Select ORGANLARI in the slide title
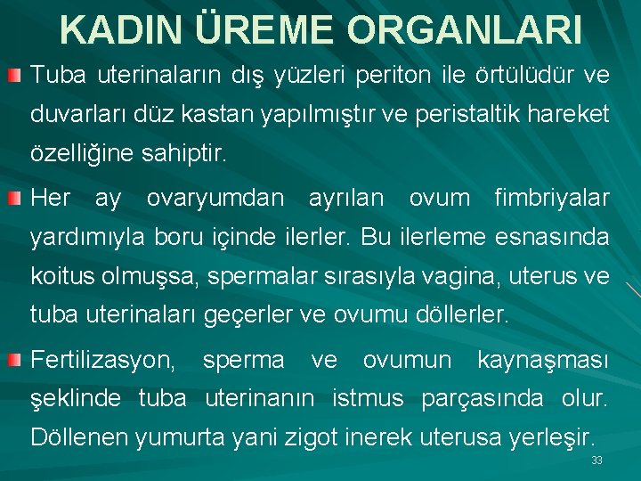point(466,30)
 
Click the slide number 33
point(596,461)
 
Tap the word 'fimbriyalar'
point(552,198)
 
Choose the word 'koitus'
point(65,276)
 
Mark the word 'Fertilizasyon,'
point(103,361)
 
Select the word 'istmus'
point(368,399)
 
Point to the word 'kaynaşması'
point(543,361)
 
